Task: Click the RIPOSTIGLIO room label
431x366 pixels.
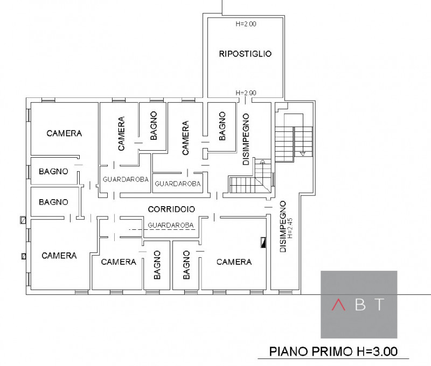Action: (x=245, y=54)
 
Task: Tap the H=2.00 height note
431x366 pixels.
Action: (x=246, y=24)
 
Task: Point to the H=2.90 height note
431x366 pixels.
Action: (x=246, y=93)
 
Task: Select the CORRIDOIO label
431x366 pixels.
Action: (x=171, y=209)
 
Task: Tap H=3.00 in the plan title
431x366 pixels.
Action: (x=377, y=351)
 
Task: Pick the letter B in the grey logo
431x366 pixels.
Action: (x=360, y=305)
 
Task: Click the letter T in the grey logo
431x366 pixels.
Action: (x=380, y=305)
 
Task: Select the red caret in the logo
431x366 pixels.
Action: (x=338, y=305)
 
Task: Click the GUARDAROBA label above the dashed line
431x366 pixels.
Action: (x=171, y=225)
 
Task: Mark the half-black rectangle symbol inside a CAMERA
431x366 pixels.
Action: (x=263, y=242)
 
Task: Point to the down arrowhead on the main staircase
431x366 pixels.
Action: (x=303, y=154)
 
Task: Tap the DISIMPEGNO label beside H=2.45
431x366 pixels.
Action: (x=283, y=227)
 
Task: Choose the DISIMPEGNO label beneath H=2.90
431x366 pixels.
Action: (x=246, y=139)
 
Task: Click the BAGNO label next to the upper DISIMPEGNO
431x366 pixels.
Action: (x=222, y=126)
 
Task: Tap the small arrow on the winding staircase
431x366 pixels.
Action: (x=262, y=161)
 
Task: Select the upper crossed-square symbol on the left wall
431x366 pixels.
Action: (x=23, y=220)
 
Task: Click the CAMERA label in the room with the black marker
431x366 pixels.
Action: (x=234, y=262)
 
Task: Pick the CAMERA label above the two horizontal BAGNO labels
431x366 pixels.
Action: (x=64, y=133)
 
